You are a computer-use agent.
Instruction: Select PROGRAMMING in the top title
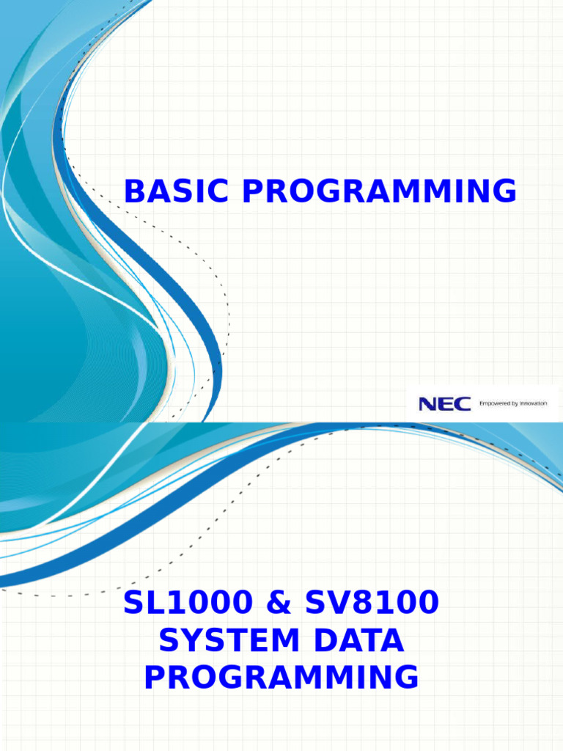[x=380, y=192]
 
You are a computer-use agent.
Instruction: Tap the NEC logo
[x=444, y=403]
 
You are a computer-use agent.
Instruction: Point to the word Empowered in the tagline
[x=494, y=403]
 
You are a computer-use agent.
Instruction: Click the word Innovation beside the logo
[x=533, y=403]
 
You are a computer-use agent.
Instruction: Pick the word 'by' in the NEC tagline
[x=514, y=403]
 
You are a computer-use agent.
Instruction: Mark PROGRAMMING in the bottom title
[x=281, y=677]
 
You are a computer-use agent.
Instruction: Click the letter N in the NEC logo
[x=428, y=403]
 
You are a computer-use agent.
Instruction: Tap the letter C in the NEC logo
[x=462, y=403]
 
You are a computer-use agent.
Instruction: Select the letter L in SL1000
[x=160, y=603]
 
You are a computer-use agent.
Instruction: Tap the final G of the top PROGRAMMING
[x=504, y=192]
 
